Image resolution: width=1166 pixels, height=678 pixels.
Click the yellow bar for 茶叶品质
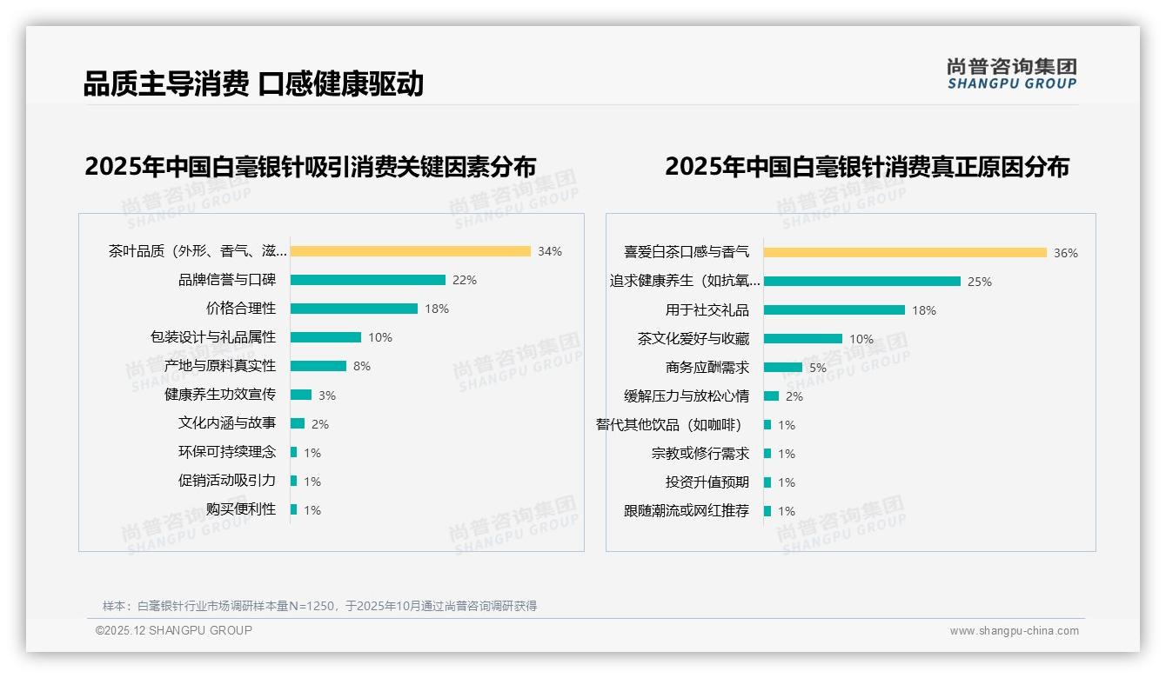[x=410, y=251]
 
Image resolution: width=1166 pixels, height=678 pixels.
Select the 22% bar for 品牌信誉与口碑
[x=367, y=280]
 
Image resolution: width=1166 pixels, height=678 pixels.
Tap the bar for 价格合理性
[x=353, y=309]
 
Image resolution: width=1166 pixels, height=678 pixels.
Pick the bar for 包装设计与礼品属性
[x=325, y=337]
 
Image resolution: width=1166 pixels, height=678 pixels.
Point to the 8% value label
[x=362, y=366]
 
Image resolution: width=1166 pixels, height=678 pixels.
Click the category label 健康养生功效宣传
[x=220, y=395]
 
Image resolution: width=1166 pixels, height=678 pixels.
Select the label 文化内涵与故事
[x=227, y=423]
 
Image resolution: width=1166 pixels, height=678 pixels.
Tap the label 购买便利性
[x=241, y=509]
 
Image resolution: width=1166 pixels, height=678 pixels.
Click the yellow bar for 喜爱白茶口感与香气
[x=905, y=253]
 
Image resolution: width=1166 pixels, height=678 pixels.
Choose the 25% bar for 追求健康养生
[x=861, y=282]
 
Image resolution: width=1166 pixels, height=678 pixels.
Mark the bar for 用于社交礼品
[x=834, y=310]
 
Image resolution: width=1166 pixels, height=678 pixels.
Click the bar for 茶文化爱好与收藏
[x=802, y=339]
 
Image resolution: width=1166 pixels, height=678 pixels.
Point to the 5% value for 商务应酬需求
[x=818, y=368]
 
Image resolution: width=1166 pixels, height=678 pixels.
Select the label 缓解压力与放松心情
[x=687, y=396]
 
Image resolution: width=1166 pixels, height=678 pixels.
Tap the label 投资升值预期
[x=707, y=482]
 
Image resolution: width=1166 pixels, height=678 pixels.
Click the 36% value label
[x=1066, y=253]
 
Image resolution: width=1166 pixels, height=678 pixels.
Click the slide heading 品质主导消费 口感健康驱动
[x=253, y=84]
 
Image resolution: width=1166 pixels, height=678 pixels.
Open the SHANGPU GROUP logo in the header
[x=1012, y=74]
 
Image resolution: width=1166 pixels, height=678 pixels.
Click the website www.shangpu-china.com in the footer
[x=1014, y=631]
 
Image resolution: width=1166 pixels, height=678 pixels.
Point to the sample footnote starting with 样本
[x=319, y=606]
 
